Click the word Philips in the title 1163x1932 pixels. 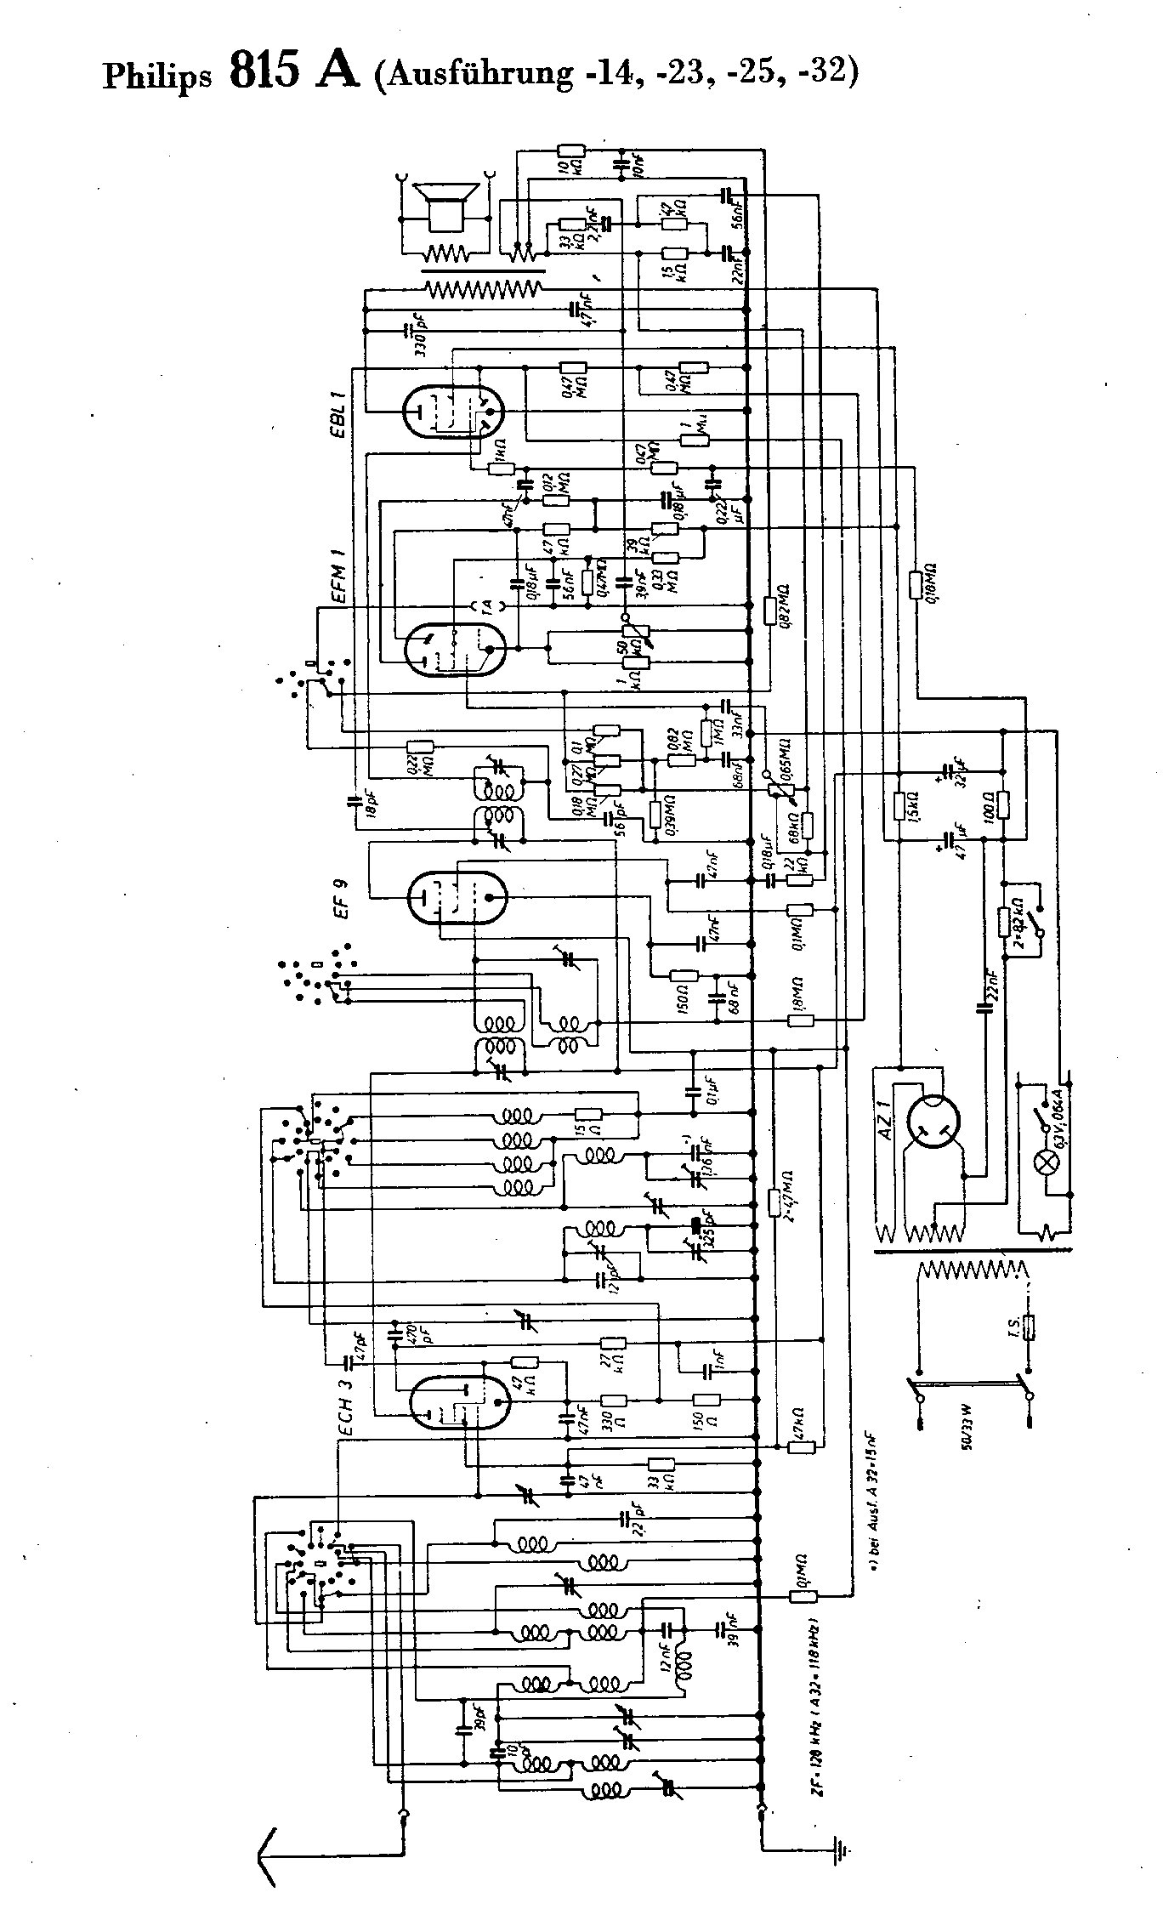[x=156, y=77]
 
